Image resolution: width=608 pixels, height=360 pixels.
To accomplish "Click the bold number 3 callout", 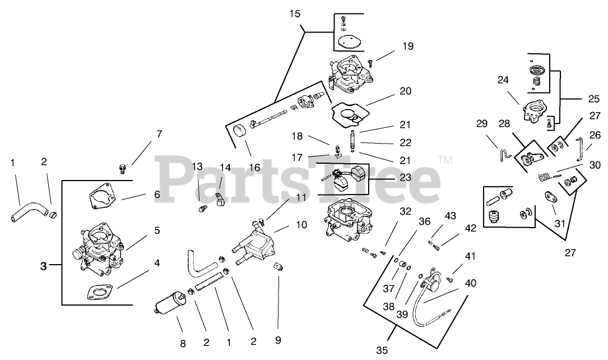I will coord(44,266).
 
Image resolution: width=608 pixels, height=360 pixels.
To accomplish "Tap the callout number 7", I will coord(159,134).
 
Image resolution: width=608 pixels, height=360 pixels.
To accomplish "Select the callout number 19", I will coord(407,47).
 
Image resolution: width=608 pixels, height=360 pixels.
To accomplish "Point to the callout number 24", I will coord(503,80).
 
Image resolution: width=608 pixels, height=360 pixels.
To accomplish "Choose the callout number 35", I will coord(382,350).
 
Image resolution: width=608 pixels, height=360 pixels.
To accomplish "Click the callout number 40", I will coord(471,283).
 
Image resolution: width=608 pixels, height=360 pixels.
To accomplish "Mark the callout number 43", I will coord(451,216).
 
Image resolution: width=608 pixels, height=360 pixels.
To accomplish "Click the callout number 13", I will coord(197,167).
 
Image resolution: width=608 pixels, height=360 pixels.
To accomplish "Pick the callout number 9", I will coord(278,340).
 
